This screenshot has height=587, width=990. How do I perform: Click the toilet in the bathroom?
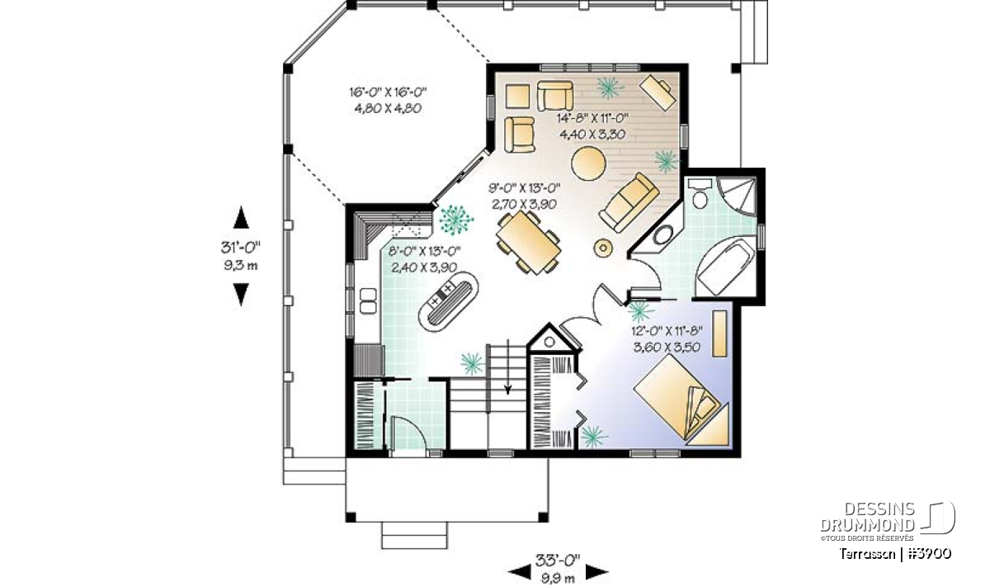pyautogui.click(x=700, y=193)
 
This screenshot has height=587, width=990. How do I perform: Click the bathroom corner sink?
pyautogui.click(x=663, y=235)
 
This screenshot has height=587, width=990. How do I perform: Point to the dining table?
pyautogui.click(x=529, y=242)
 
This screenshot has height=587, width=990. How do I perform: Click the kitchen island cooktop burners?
pyautogui.click(x=442, y=294)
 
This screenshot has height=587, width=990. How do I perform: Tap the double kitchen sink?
pyautogui.click(x=368, y=301)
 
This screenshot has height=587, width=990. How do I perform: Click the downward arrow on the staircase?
pyautogui.click(x=508, y=367)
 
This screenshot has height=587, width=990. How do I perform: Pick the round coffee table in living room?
pyautogui.click(x=588, y=163)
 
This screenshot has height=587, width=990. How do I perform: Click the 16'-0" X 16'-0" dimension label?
pyautogui.click(x=388, y=92)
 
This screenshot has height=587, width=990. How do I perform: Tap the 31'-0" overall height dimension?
pyautogui.click(x=241, y=248)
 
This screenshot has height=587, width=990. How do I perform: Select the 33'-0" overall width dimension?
pyautogui.click(x=558, y=561)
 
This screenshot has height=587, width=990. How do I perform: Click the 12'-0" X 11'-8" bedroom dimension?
pyautogui.click(x=667, y=330)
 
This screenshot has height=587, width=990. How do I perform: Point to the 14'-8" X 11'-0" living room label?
pyautogui.click(x=592, y=118)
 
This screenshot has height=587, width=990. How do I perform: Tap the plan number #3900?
pyautogui.click(x=930, y=554)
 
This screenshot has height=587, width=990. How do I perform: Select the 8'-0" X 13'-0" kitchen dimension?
pyautogui.click(x=424, y=251)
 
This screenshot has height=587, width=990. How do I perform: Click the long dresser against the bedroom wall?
pyautogui.click(x=720, y=333)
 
